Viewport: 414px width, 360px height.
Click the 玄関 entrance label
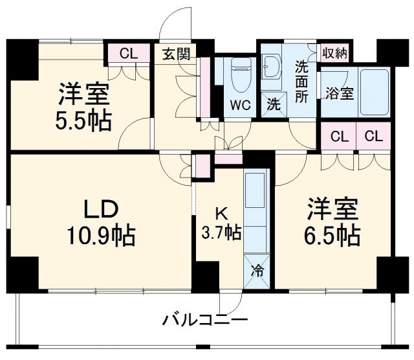(x=176, y=54)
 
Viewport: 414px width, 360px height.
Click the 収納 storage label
(x=335, y=53)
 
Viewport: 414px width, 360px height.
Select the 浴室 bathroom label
(x=339, y=93)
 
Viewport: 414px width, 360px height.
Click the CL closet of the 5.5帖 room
(x=129, y=54)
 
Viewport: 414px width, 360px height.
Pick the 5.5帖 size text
(x=84, y=121)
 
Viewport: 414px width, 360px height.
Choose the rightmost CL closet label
(x=373, y=137)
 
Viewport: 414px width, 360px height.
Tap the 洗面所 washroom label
(x=302, y=80)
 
